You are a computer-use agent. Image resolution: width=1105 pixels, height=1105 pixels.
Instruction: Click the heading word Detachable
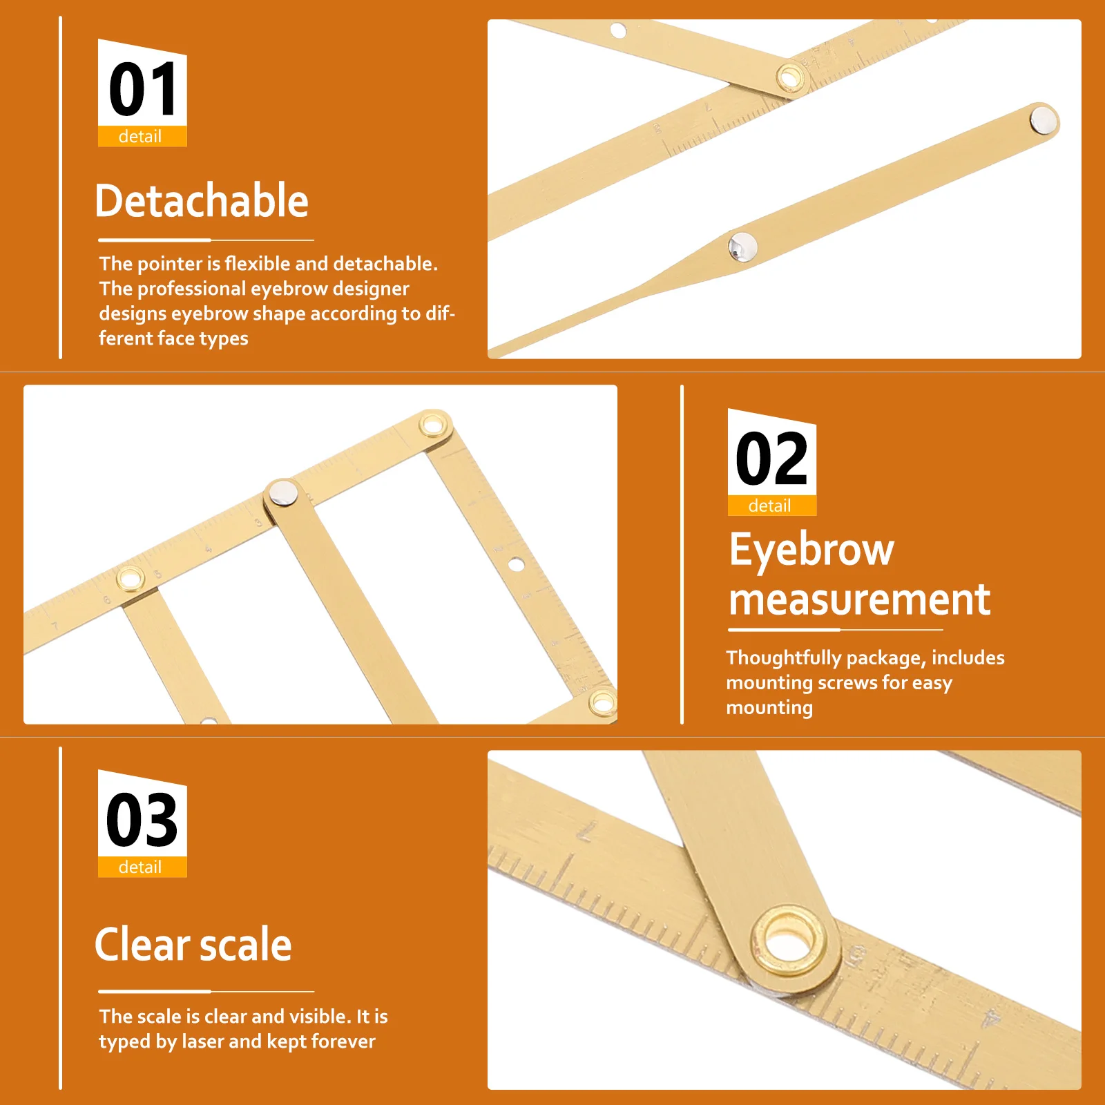click(202, 201)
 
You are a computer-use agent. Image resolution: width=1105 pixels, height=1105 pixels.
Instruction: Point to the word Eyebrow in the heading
click(812, 550)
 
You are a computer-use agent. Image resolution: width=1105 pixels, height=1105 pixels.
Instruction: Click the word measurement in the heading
click(860, 599)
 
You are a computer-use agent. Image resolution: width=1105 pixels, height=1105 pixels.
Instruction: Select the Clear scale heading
click(193, 945)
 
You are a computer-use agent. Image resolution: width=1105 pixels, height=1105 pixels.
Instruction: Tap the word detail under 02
click(770, 506)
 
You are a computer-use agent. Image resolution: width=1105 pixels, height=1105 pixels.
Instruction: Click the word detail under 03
click(140, 867)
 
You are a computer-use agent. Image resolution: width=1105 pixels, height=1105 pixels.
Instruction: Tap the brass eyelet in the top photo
click(789, 77)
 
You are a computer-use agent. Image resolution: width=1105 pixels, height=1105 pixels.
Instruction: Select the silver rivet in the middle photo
click(282, 493)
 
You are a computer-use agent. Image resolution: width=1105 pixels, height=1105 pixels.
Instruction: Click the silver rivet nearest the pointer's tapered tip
click(743, 247)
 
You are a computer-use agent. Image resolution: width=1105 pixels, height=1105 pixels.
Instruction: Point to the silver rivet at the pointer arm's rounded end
click(1043, 120)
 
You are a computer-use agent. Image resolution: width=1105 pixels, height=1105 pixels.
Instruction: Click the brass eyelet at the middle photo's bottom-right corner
click(602, 703)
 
